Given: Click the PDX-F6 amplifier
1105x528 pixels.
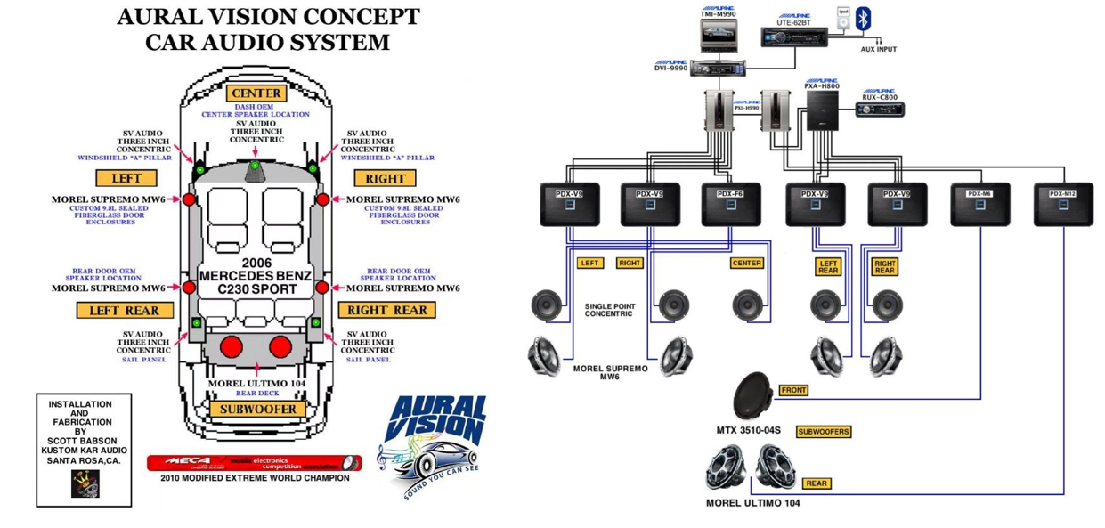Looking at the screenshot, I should (730, 204).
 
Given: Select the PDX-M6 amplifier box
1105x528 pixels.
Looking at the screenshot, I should (979, 204).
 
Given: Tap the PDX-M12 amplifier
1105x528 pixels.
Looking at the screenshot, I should (1062, 204).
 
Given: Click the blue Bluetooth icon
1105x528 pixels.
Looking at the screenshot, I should (863, 20).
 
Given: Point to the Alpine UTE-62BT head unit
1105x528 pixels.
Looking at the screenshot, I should (794, 37).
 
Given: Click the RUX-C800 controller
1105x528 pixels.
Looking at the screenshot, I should (880, 110).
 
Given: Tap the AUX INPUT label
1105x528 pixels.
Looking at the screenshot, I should (878, 50).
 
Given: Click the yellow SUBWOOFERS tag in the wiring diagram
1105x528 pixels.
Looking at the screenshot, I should (824, 432).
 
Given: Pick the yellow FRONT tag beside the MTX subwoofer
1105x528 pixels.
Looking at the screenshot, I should (793, 390).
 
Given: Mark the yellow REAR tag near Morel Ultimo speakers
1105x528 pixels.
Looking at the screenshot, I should (817, 483).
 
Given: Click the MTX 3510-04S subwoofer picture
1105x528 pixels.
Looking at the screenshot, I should (755, 395).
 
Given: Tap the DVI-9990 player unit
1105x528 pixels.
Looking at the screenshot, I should (722, 69).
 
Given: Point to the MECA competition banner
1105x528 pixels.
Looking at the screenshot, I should (254, 463).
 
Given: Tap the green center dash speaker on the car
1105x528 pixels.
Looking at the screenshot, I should (256, 166).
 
